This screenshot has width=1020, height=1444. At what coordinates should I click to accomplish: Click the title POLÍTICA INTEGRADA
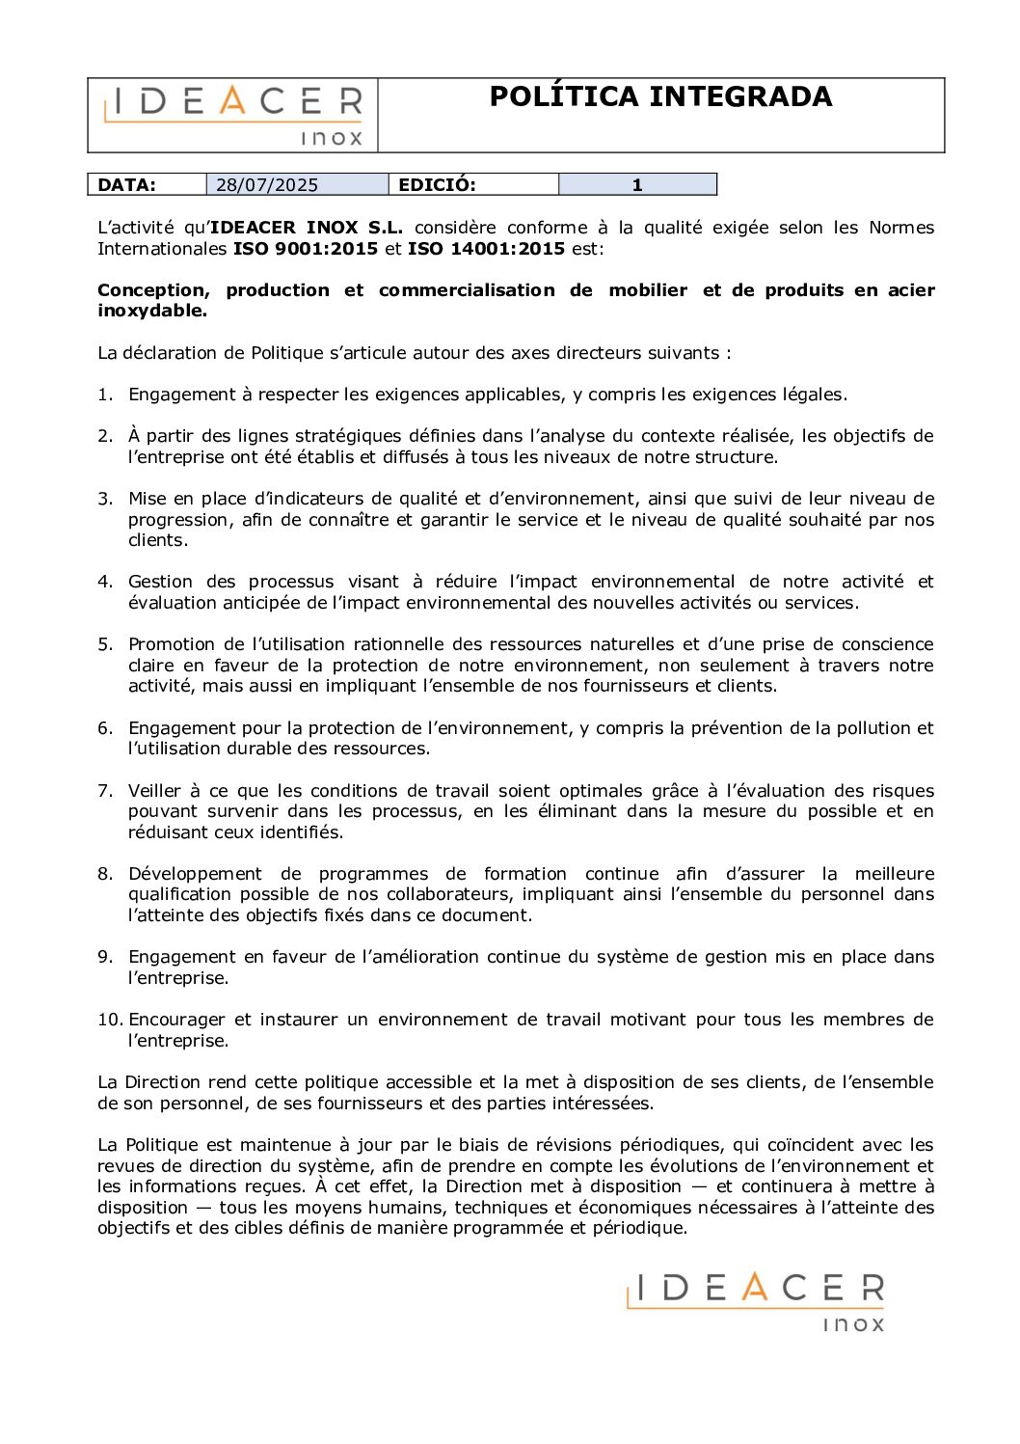(x=660, y=96)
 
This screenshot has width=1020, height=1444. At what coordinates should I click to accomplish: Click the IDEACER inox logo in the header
(x=233, y=115)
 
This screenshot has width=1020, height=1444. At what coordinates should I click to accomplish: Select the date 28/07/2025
(x=267, y=185)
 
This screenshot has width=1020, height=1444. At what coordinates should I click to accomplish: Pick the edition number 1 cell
(x=637, y=185)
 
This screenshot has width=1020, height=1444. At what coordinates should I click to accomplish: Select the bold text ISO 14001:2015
(x=486, y=249)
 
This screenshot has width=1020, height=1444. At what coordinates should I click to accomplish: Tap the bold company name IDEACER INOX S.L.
(x=307, y=228)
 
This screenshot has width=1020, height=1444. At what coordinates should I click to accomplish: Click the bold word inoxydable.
(x=152, y=311)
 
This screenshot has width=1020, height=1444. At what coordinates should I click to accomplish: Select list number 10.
(x=109, y=1020)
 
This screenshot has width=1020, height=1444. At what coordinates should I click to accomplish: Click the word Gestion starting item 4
(x=159, y=582)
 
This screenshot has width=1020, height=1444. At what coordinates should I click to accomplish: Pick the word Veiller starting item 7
(x=154, y=791)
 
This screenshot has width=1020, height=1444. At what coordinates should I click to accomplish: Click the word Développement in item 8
(x=195, y=874)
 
